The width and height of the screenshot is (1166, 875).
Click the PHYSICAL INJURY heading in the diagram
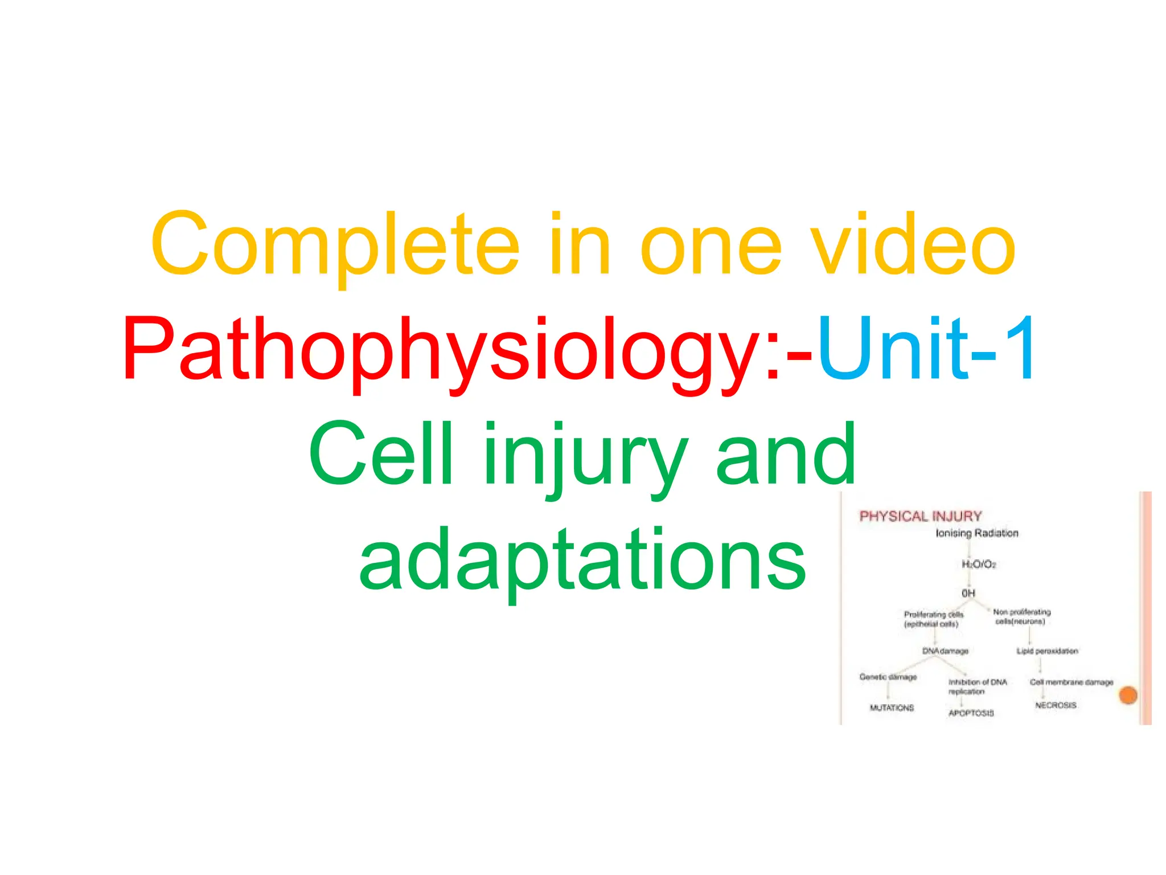coord(920,516)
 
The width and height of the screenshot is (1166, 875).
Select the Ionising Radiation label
coord(977,533)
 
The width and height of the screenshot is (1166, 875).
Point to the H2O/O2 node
coord(979,564)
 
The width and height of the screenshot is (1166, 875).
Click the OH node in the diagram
coord(968,593)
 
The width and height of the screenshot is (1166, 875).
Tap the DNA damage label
coord(945,651)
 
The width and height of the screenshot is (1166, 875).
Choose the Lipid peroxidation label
coord(1047,651)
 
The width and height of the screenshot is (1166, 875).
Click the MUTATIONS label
coord(892,708)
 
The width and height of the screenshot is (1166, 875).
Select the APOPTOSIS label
coord(971,713)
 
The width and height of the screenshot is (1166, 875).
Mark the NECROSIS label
coord(1056,705)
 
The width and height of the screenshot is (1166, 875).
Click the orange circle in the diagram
coord(1128,695)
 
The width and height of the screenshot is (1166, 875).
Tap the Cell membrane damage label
coord(1071,682)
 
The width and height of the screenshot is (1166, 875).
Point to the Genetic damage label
coord(888,677)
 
